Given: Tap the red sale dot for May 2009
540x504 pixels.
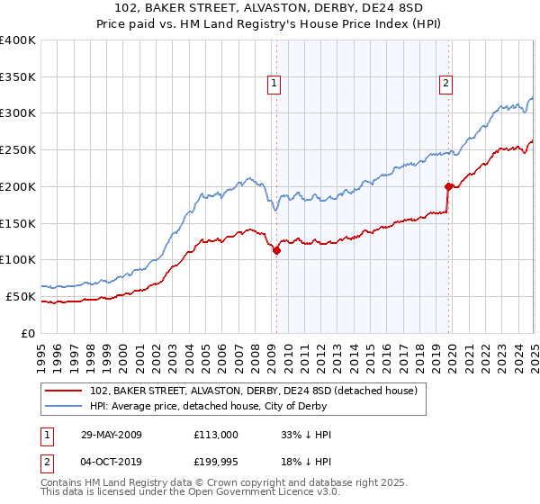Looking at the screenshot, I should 276,251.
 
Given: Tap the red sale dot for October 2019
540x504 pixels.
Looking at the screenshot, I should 448,187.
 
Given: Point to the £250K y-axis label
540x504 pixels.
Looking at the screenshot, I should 18,150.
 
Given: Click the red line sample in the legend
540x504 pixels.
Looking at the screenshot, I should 64,391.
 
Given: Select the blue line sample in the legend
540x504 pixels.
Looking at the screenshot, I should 64,408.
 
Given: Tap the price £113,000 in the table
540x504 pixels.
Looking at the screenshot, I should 216,435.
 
